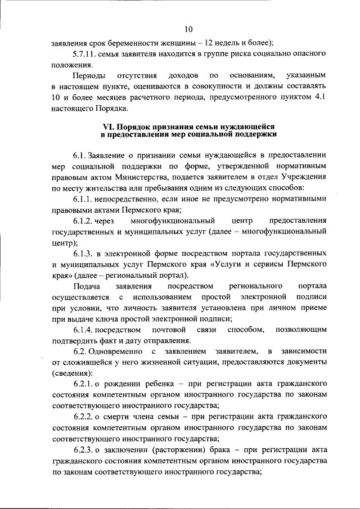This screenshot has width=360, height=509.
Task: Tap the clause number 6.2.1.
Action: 84,384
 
